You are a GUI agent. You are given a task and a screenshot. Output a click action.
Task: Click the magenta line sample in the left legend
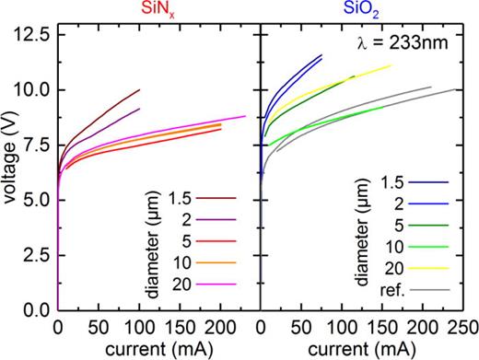click(x=218, y=283)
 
